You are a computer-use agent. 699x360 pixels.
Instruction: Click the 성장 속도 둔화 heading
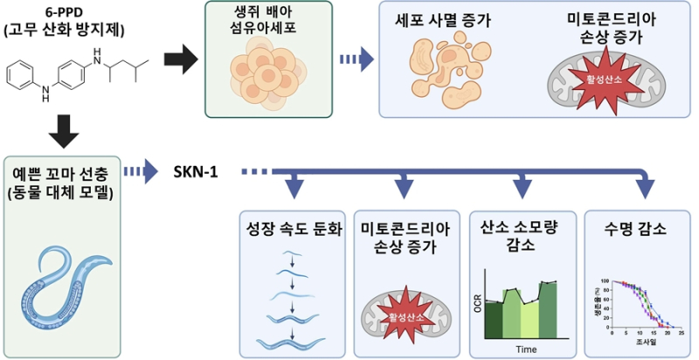tap(294, 231)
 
